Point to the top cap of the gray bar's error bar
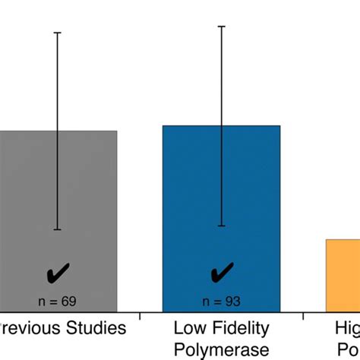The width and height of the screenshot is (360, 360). pyautogui.click(x=58, y=33)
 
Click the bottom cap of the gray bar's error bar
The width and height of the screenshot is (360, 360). pyautogui.click(x=58, y=229)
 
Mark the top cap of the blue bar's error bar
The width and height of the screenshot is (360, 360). pyautogui.click(x=222, y=27)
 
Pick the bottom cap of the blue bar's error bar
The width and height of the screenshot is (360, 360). pyautogui.click(x=222, y=226)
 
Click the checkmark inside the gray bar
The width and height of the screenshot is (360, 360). pyautogui.click(x=58, y=273)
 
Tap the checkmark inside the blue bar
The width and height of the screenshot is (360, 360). pyautogui.click(x=222, y=273)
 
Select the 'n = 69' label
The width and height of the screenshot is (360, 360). pyautogui.click(x=58, y=302)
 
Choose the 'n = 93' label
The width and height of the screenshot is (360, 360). pyautogui.click(x=222, y=302)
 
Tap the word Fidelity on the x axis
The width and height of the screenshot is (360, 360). pyautogui.click(x=241, y=328)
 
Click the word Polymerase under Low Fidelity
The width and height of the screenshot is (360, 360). pyautogui.click(x=221, y=349)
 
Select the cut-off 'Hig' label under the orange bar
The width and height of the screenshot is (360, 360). pyautogui.click(x=347, y=328)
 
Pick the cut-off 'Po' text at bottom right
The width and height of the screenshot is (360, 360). pyautogui.click(x=351, y=349)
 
